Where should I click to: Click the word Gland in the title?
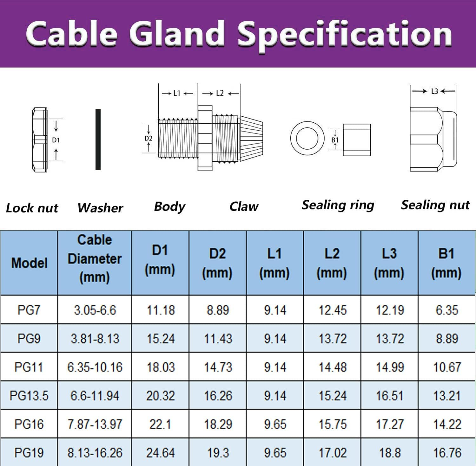[177, 34]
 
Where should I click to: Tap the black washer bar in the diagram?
[98, 139]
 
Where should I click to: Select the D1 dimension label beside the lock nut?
[56, 140]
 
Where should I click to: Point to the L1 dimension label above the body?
[177, 93]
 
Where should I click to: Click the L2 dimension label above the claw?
[220, 93]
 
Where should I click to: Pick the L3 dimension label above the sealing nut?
[434, 91]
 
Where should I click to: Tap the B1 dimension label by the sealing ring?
[335, 140]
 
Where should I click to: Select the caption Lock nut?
[32, 208]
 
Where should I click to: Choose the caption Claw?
[244, 206]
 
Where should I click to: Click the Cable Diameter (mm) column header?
[95, 259]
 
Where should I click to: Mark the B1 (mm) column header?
[446, 263]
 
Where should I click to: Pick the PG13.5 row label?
[29, 396]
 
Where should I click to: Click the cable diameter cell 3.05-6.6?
[95, 310]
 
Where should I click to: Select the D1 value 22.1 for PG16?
[160, 424]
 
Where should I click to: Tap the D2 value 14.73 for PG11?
[218, 367]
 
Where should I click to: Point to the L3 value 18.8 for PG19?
[390, 453]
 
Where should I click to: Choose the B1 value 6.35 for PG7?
[447, 310]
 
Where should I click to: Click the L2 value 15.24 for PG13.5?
[333, 396]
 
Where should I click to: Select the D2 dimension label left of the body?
[149, 138]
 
